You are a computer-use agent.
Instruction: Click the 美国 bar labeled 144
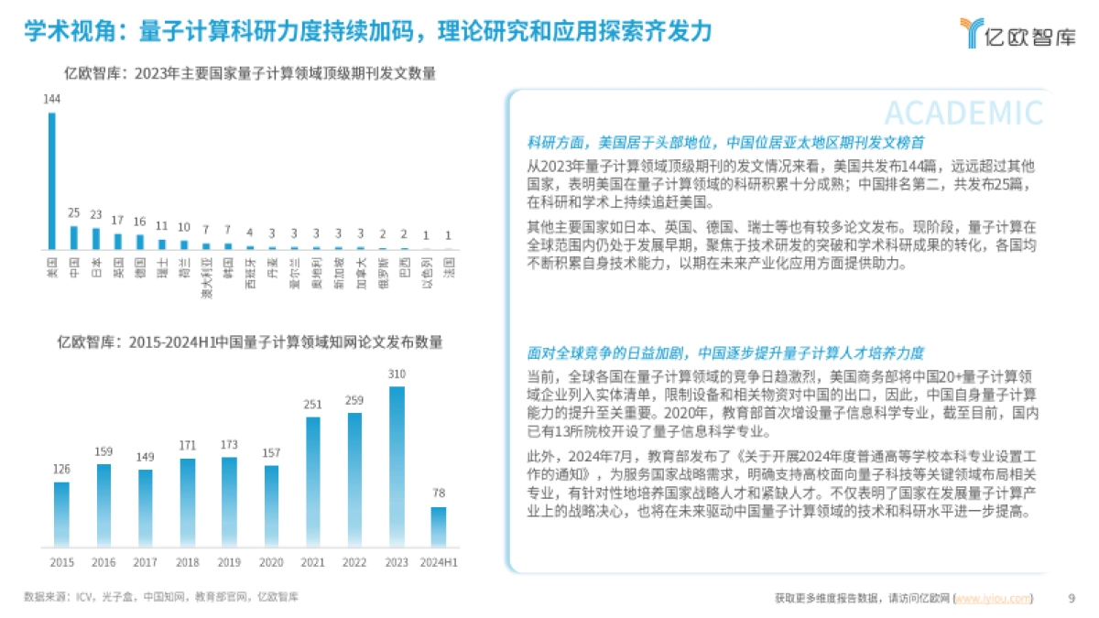52,180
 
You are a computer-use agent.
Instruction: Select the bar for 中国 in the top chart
74,237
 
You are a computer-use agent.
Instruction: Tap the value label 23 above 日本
96,215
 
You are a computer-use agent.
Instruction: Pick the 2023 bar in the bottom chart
396,467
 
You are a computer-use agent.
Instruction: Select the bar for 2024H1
439,527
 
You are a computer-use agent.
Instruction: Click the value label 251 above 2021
312,405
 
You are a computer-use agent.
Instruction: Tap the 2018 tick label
188,562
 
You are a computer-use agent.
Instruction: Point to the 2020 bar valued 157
271,506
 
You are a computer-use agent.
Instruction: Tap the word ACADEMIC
963,113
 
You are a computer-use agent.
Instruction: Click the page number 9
1072,598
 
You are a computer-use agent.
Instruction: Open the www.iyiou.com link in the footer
994,599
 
